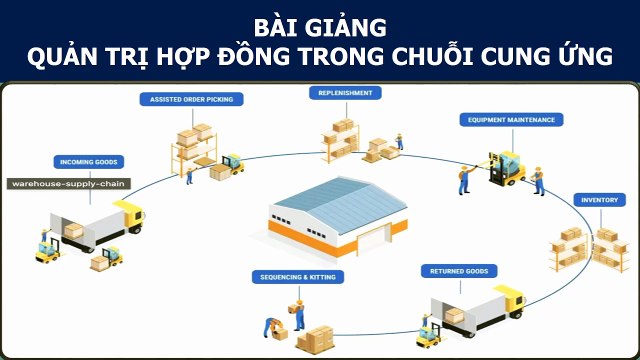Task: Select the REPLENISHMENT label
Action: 345,93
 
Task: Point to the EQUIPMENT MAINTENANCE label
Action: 511,120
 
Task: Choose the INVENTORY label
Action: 600,200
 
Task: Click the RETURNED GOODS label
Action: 459,271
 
